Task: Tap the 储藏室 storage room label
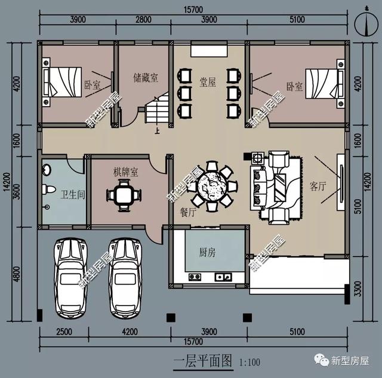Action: point(146,77)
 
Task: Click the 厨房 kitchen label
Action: point(207,252)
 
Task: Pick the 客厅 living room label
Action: point(318,186)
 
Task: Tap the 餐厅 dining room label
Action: point(188,211)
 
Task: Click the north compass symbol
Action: point(363,25)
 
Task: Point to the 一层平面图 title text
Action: point(193,360)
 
